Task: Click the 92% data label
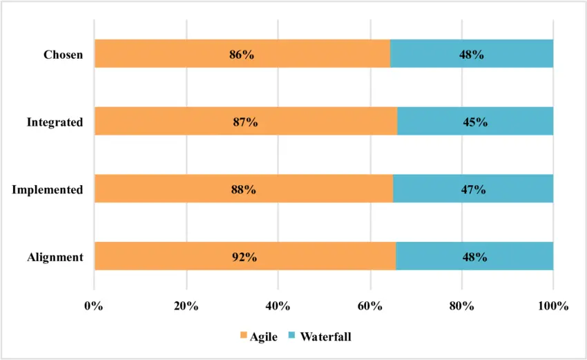pyautogui.click(x=244, y=257)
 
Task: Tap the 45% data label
pyautogui.click(x=475, y=122)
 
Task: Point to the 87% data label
pyautogui.click(x=245, y=122)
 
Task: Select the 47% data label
pyautogui.click(x=474, y=189)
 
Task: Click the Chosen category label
pyautogui.click(x=63, y=55)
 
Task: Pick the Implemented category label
pyautogui.click(x=48, y=189)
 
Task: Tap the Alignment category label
pyautogui.click(x=55, y=257)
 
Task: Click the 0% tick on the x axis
pyautogui.click(x=94, y=306)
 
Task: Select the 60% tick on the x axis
pyautogui.click(x=370, y=306)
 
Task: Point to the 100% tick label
pyautogui.click(x=553, y=306)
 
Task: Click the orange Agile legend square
pyautogui.click(x=244, y=337)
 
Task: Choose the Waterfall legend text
pyautogui.click(x=325, y=337)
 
